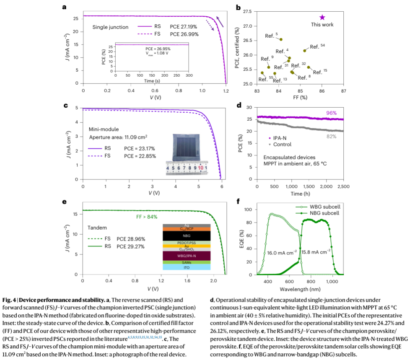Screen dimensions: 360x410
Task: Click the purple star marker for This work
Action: pos(322,17)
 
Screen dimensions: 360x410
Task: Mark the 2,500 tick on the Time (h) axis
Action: pos(343,185)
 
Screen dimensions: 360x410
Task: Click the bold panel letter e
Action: pos(65,202)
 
